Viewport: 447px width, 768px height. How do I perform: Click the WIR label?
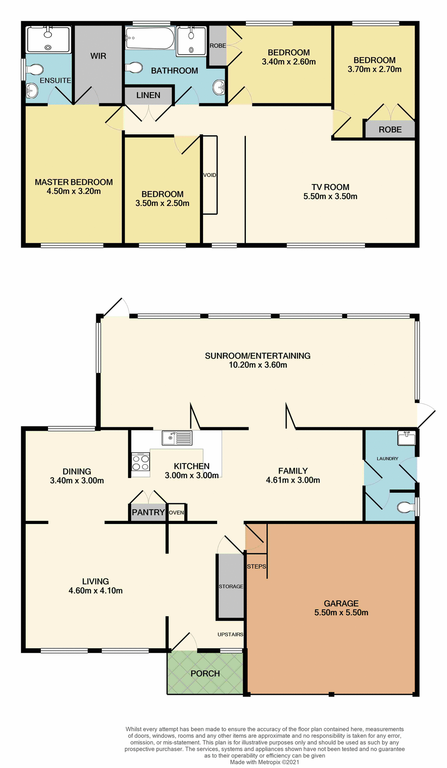click(98, 56)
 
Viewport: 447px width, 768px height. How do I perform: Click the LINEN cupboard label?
click(148, 95)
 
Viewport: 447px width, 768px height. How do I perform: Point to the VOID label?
click(210, 175)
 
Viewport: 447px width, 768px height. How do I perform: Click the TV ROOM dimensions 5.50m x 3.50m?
click(330, 196)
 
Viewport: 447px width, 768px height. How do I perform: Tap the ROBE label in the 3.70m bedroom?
click(390, 130)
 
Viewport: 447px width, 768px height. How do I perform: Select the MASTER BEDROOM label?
click(74, 182)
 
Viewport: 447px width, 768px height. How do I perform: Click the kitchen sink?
click(177, 438)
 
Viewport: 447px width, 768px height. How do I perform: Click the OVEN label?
click(176, 512)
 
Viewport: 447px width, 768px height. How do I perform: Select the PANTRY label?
click(148, 512)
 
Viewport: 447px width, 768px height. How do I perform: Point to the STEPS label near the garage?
click(256, 566)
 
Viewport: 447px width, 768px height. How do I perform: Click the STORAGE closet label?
click(231, 586)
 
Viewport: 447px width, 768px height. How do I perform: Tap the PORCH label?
click(205, 674)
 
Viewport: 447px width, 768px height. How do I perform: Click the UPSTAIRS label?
click(230, 634)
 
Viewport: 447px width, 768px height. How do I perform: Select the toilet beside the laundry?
click(406, 507)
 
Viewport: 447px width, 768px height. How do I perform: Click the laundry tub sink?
click(406, 438)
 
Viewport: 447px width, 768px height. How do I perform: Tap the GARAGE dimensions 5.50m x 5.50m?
click(341, 612)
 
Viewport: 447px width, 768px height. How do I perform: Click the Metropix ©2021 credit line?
click(264, 762)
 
